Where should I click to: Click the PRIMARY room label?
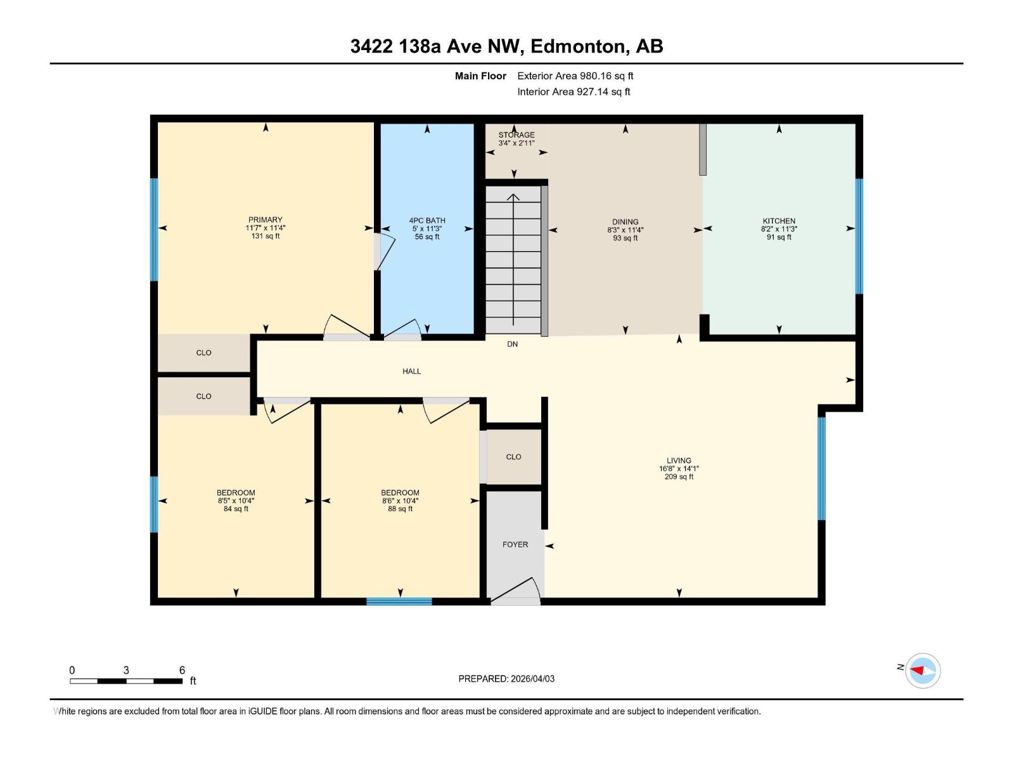(x=265, y=220)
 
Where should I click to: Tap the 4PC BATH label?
(x=427, y=221)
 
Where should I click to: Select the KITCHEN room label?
(x=778, y=221)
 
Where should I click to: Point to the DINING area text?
(x=625, y=223)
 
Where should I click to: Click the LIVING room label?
(x=679, y=460)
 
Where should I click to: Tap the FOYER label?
(x=515, y=544)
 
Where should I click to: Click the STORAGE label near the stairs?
(x=516, y=135)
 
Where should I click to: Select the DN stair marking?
(x=512, y=344)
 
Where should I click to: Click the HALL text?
(x=411, y=372)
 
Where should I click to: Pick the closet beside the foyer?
(x=513, y=457)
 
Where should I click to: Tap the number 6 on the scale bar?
(x=182, y=670)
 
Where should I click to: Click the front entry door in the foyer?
(x=515, y=591)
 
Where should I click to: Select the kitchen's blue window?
(x=859, y=236)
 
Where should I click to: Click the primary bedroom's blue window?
(x=153, y=229)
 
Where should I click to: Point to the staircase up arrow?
(x=513, y=198)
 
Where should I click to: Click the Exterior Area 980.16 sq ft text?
(x=575, y=76)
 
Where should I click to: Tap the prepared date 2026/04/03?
(x=531, y=679)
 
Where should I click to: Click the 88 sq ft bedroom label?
(x=400, y=509)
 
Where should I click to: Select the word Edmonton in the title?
(x=578, y=46)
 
